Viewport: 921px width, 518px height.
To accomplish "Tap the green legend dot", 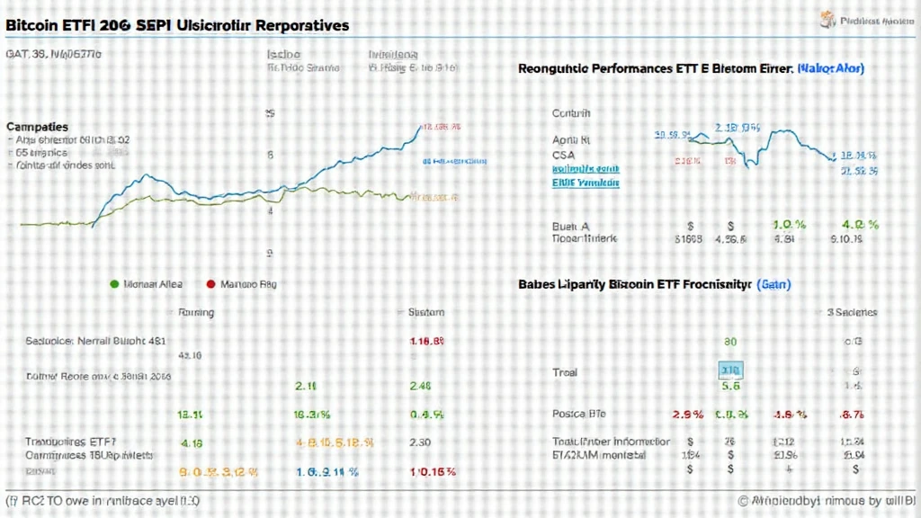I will pos(114,284).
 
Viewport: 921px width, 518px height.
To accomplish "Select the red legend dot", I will pos(211,284).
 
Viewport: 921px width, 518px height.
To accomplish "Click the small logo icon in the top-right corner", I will pos(825,19).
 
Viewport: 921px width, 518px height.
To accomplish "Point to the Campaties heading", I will pos(37,128).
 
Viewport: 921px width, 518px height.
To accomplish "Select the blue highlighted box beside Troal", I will pos(730,371).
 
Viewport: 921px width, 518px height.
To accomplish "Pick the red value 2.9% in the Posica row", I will pos(687,414).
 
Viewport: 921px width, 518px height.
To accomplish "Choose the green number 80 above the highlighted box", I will pos(730,342).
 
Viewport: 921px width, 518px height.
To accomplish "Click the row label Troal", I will pos(565,371).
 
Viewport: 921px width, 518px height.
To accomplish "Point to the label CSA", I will pos(563,154).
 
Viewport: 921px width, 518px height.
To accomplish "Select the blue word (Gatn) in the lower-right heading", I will pos(773,284).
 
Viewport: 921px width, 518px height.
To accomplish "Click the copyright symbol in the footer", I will pos(744,501).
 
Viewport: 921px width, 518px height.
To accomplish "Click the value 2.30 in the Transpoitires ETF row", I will pos(421,442).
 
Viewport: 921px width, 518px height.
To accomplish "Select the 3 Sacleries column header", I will pos(854,313).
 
